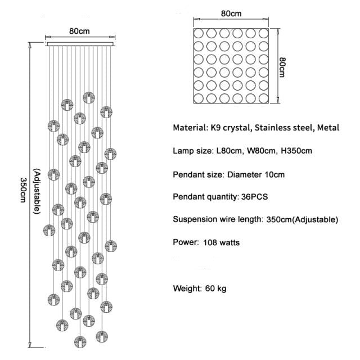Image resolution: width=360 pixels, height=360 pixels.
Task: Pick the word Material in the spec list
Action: coord(190,128)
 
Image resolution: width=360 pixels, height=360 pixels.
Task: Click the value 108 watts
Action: coord(221,243)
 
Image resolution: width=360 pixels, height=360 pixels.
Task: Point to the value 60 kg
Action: coord(217,289)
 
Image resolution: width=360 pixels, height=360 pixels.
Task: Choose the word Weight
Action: coord(186,289)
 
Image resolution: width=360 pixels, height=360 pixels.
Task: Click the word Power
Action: coord(185,243)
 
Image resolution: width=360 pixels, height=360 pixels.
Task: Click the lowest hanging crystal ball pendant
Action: coord(80,341)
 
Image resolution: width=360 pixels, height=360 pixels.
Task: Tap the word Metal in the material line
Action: coord(328,128)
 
